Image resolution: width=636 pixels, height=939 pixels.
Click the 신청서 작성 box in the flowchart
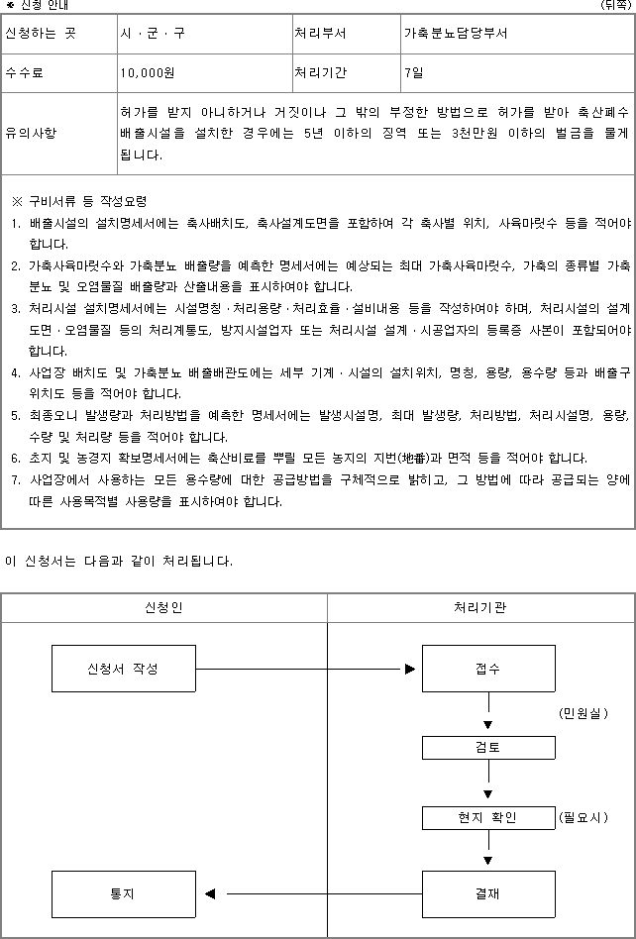pos(123,669)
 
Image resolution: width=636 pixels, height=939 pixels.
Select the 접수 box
pos(487,669)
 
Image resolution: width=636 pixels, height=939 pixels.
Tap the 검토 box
pos(487,748)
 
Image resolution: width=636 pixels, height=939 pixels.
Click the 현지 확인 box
pos(487,818)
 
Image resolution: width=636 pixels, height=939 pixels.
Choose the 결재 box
pos(487,893)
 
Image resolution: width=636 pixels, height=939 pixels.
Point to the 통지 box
pos(123,893)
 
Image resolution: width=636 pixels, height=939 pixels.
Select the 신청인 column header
pos(163,607)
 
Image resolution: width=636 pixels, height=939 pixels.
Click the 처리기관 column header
pos(480,607)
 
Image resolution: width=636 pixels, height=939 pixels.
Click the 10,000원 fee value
pos(148,72)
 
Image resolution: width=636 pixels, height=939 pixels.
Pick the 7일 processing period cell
pos(413,72)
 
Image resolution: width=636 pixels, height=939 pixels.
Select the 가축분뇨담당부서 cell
pos(456,33)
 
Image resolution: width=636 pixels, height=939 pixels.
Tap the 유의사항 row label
pos(32,132)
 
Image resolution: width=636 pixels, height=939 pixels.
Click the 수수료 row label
pos(25,72)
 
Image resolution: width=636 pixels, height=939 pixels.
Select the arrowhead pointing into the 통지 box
pos(210,894)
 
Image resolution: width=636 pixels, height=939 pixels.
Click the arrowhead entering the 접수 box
pos(409,669)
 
